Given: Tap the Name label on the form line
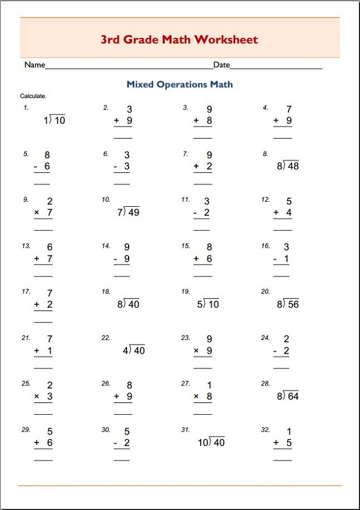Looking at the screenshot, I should (x=35, y=65).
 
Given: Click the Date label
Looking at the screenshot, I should (x=222, y=65).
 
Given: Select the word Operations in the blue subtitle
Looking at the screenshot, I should (x=182, y=84).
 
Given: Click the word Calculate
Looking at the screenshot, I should (x=33, y=96).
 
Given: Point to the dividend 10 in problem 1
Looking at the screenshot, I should (x=60, y=120).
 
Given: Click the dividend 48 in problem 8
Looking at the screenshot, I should (x=293, y=167).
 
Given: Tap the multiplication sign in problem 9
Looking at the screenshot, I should (x=37, y=212).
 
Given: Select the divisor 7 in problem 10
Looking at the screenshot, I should (x=120, y=212).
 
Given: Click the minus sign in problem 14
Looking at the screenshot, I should (x=116, y=259).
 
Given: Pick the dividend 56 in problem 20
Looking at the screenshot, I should (x=293, y=305).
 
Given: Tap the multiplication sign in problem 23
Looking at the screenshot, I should (x=196, y=351).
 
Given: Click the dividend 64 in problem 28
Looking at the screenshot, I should (x=293, y=397).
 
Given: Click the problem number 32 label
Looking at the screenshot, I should (x=265, y=430).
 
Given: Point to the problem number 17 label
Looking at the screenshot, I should (x=26, y=292).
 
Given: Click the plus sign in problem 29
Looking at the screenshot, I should (x=37, y=443).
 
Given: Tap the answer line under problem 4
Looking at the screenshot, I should (x=282, y=138).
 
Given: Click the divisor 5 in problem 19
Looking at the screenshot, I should (x=200, y=305).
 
